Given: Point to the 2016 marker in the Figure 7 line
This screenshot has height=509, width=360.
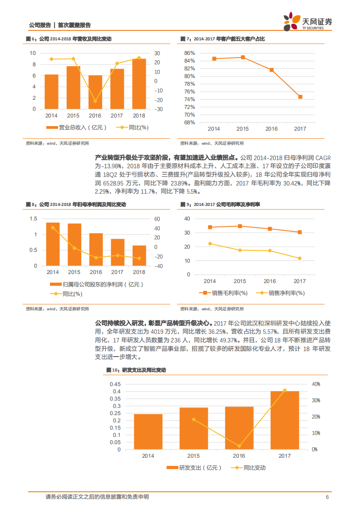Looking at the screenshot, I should point(271,70).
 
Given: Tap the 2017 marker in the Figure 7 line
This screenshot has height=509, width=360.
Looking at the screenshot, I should point(300,97).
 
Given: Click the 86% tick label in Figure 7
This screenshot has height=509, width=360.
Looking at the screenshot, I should point(189,53).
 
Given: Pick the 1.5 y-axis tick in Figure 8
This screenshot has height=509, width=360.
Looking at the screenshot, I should point(33,219).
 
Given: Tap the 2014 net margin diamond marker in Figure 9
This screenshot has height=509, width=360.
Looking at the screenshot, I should point(210,244).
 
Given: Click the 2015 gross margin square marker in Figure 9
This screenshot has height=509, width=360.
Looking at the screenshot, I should point(240,226).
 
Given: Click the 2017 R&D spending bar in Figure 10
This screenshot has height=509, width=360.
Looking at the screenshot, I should point(285,420).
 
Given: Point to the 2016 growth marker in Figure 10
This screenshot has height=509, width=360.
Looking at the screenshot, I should point(239,446).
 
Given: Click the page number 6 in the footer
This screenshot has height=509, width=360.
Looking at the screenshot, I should point(327,497).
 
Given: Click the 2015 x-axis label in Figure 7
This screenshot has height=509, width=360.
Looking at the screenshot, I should point(243,129).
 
